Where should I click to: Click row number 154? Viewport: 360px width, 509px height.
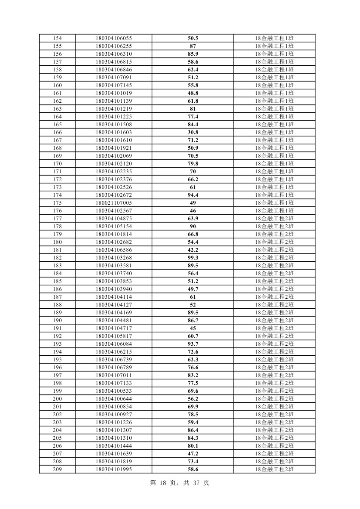[x=57, y=38]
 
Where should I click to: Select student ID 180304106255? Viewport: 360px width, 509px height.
[x=114, y=46]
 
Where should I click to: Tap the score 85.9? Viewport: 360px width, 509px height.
[x=193, y=54]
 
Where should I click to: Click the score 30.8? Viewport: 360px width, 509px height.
[x=193, y=132]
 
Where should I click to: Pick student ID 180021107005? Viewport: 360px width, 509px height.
[x=114, y=203]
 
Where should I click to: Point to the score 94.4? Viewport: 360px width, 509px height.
[x=193, y=195]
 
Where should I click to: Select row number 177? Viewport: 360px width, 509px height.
[x=57, y=219]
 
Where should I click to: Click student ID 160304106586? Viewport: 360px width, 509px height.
[x=114, y=250]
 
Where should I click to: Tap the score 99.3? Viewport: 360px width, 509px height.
[x=193, y=258]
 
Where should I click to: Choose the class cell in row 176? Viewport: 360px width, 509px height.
[x=274, y=211]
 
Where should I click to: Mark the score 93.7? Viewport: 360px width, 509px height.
[x=193, y=344]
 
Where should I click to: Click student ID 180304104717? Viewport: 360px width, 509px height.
[x=114, y=328]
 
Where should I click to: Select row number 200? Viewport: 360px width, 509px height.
[x=57, y=399]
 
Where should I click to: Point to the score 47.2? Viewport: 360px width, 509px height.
[x=193, y=454]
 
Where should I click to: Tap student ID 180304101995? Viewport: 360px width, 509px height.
[x=114, y=469]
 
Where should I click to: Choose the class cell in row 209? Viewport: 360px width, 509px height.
[x=274, y=469]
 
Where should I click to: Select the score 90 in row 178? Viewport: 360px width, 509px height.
[x=193, y=226]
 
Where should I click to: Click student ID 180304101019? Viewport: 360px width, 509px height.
[x=114, y=93]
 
